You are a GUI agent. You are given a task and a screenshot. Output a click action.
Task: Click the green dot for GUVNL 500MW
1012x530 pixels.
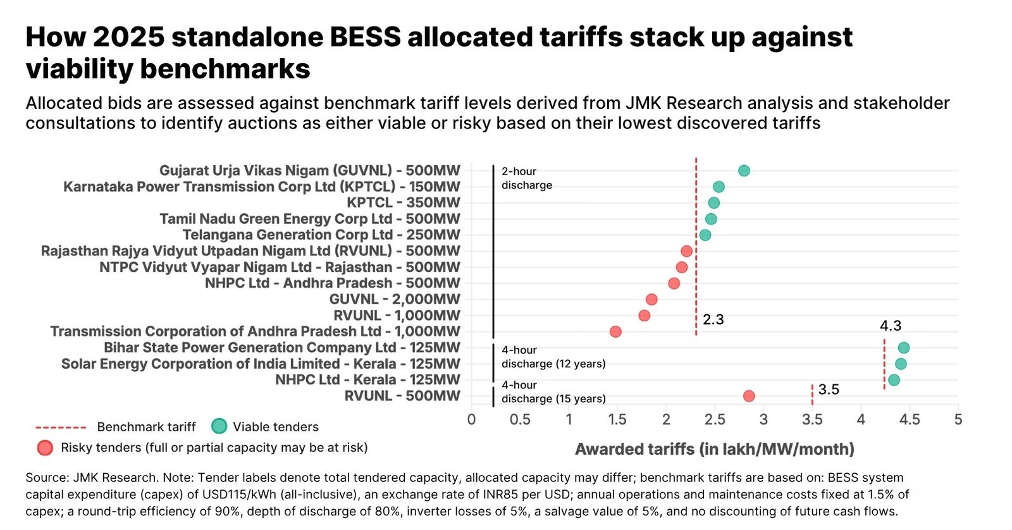(744, 171)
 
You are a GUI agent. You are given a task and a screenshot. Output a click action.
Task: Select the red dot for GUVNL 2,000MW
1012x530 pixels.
(651, 300)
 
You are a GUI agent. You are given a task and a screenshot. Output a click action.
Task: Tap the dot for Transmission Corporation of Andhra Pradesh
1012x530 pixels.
(615, 331)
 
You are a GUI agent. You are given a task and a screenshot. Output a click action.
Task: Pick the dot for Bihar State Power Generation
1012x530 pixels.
(904, 348)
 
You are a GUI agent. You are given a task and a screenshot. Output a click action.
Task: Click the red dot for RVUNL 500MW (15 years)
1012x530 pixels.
(749, 397)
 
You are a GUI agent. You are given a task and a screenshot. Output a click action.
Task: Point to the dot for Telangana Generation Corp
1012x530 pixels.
(705, 235)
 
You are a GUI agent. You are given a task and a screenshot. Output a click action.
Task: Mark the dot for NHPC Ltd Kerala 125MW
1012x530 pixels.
(894, 380)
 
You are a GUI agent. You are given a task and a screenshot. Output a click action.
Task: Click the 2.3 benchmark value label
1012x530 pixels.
(713, 319)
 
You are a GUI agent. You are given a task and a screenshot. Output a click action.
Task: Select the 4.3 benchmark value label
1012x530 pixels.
(891, 325)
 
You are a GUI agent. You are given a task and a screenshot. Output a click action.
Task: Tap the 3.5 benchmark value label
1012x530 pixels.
(829, 389)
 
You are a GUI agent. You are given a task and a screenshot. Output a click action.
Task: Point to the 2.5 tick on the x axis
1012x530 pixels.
(715, 420)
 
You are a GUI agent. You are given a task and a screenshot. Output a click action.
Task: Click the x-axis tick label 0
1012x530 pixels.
(471, 420)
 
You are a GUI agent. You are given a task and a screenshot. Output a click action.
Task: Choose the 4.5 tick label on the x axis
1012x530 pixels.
(910, 420)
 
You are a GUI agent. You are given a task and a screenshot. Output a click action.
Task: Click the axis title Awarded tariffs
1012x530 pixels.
(714, 449)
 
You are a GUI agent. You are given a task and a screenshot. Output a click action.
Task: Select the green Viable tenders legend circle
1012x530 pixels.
(219, 426)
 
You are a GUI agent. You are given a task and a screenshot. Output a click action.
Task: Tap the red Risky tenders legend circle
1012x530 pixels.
(45, 448)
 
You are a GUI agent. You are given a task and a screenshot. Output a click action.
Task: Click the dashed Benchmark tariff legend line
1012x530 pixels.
(61, 427)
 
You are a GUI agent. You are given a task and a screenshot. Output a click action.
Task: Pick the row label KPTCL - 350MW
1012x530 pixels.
(404, 203)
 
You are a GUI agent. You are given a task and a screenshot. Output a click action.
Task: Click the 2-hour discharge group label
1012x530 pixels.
(527, 178)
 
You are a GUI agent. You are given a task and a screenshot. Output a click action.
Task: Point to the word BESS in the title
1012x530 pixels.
(365, 37)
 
